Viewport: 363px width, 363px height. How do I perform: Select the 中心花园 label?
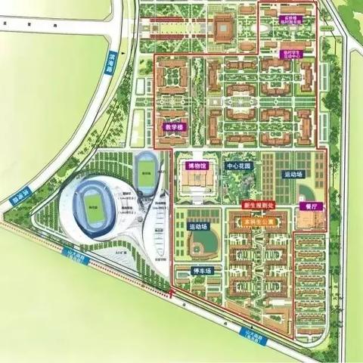point(240,165)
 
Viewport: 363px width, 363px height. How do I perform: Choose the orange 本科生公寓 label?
point(257,221)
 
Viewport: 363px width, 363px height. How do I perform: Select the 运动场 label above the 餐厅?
point(293,174)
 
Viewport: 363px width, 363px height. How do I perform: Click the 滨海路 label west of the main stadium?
point(18,199)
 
